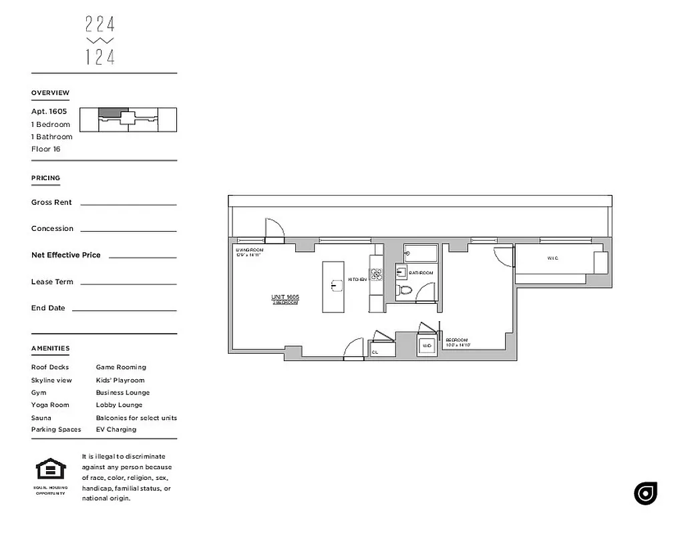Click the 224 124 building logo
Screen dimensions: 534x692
click(100, 41)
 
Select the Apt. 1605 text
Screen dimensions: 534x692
click(49, 111)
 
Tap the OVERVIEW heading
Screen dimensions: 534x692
click(50, 93)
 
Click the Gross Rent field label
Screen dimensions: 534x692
click(51, 202)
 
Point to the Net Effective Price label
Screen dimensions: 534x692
click(65, 255)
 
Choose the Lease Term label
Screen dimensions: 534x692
click(52, 282)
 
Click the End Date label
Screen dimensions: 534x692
click(48, 308)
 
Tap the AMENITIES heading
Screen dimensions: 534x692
click(50, 348)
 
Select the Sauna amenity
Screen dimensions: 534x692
click(41, 418)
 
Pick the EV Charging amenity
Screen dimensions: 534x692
click(116, 430)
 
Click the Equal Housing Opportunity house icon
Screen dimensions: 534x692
click(50, 469)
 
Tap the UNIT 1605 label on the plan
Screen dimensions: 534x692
click(285, 297)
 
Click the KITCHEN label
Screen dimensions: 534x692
click(357, 280)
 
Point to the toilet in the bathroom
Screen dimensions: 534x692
click(404, 290)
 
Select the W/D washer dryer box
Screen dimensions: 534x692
click(427, 346)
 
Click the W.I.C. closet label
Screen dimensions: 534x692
click(552, 258)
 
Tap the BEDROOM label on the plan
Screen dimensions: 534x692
click(458, 340)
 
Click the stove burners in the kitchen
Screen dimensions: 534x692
click(376, 275)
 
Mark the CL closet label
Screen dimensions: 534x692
click(375, 352)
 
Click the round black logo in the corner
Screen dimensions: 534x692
click(645, 493)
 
